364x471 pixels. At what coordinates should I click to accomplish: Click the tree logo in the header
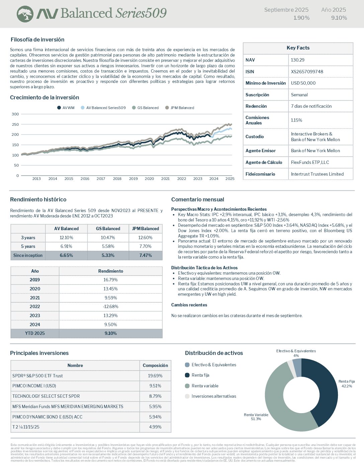[25, 14]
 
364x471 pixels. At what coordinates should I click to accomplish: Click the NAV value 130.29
[297, 60]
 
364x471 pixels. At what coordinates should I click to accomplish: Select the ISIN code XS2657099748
[307, 72]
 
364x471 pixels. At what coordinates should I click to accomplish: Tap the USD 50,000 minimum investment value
[303, 83]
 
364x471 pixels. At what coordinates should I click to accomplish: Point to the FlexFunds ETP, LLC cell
[310, 162]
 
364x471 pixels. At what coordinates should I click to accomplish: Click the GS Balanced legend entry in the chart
[148, 108]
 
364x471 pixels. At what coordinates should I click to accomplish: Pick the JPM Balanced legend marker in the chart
[167, 108]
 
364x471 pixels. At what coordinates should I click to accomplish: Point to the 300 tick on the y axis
[15, 114]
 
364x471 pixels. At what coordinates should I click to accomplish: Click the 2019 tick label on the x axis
[133, 179]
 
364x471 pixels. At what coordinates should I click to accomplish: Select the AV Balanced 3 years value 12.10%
[66, 238]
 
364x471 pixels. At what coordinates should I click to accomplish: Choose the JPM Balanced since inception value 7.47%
[146, 255]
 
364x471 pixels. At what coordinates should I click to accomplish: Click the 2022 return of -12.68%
[111, 306]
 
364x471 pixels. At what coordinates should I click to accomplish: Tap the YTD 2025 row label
[35, 333]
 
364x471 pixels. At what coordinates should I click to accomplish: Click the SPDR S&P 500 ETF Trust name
[37, 376]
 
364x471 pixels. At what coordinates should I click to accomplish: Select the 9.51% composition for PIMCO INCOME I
[155, 386]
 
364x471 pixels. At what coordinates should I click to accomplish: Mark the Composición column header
[155, 365]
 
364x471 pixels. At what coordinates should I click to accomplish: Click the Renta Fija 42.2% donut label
[346, 384]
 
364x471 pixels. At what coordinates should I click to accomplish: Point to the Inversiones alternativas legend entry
[213, 396]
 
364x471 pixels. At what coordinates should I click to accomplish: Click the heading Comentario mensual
[197, 199]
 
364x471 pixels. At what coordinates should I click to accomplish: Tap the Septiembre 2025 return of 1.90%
[301, 18]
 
